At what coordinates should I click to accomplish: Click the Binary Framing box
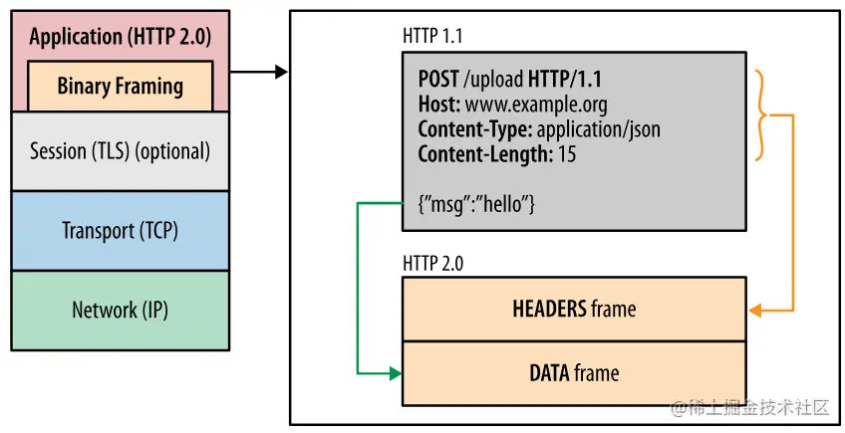[120, 86]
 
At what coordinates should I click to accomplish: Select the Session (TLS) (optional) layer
[120, 151]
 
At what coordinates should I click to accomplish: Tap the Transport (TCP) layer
[120, 230]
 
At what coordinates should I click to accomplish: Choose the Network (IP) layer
[120, 310]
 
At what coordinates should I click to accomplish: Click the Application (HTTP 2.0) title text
[120, 37]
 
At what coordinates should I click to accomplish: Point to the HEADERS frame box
[573, 309]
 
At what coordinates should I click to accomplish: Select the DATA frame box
[573, 373]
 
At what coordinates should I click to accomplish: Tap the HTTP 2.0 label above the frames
[432, 264]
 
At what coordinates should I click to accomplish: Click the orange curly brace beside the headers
[765, 115]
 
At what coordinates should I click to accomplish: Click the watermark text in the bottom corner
[749, 408]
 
